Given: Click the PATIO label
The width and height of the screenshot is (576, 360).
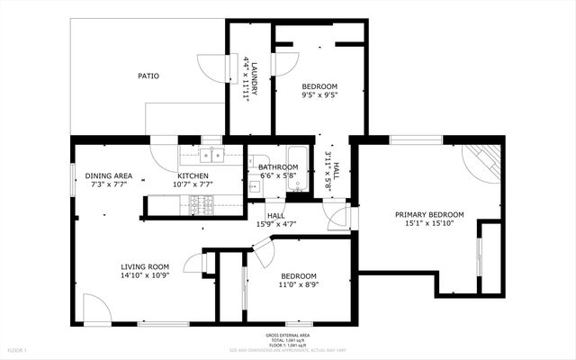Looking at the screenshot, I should point(148,76).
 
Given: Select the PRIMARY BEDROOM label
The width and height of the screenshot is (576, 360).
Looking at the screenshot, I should point(430,214).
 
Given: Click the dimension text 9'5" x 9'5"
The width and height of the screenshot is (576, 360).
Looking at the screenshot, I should point(319,95).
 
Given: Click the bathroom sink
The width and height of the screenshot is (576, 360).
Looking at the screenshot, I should point(255,187).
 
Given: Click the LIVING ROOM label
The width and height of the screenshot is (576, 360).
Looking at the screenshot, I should point(146,266).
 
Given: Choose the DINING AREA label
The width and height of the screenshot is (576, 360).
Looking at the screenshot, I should point(109,175).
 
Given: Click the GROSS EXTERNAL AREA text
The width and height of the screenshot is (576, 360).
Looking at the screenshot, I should point(289,334).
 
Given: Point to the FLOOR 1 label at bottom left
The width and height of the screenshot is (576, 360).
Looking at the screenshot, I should point(18,349).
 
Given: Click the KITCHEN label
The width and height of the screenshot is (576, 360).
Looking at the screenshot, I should point(193,175).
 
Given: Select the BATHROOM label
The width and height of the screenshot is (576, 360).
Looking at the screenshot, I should point(278,167).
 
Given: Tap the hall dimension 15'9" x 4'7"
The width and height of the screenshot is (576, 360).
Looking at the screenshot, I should point(276,224).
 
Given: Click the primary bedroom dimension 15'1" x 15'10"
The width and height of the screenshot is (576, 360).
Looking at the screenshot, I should point(430,223).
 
